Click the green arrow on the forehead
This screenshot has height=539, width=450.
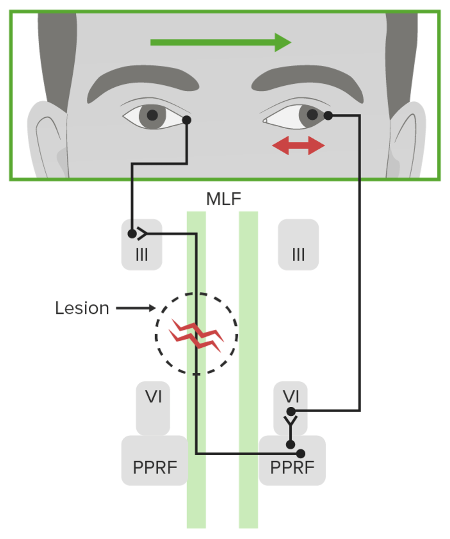click(221, 42)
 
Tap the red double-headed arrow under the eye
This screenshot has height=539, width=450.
click(298, 145)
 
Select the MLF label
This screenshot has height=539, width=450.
click(224, 199)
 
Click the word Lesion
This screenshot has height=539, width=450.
click(82, 308)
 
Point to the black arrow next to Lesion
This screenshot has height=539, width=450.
click(136, 308)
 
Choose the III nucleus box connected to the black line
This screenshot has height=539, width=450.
click(142, 245)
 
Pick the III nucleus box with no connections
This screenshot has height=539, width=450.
click(298, 245)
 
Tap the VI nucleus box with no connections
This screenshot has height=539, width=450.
click(153, 408)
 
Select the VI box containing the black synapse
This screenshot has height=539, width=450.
click(291, 408)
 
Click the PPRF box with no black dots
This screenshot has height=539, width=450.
click(155, 461)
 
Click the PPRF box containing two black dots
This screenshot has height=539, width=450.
click(292, 461)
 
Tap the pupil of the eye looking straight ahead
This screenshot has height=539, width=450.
click(152, 115)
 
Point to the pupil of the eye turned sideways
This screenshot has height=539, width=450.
click(312, 114)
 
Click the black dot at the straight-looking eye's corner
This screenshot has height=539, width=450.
click(187, 120)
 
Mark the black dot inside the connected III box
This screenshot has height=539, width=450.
click(132, 234)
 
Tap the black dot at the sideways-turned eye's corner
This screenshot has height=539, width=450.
click(328, 115)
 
